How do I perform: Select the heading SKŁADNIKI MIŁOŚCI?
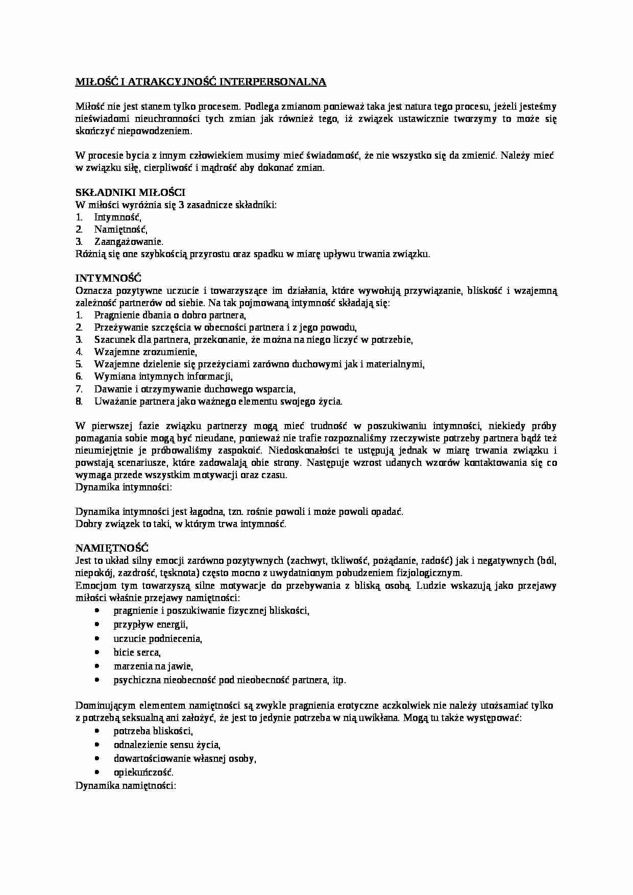pos(130,192)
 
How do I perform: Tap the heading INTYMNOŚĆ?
pos(108,278)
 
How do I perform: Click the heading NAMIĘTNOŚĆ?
pos(112,548)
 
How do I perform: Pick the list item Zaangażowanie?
pos(129,242)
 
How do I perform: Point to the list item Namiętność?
pos(120,230)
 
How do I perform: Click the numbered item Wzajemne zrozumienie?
pos(145,352)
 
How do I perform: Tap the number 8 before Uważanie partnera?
pos(79,401)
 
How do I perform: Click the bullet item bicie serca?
pos(137,652)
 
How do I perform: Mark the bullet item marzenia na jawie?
pos(153,666)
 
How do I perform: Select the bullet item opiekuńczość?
pos(143,772)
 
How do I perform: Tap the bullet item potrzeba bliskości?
pos(153,731)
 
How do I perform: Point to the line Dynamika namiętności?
pos(126,785)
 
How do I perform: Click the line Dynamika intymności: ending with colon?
pos(124,487)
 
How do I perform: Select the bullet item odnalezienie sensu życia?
pos(167,744)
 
